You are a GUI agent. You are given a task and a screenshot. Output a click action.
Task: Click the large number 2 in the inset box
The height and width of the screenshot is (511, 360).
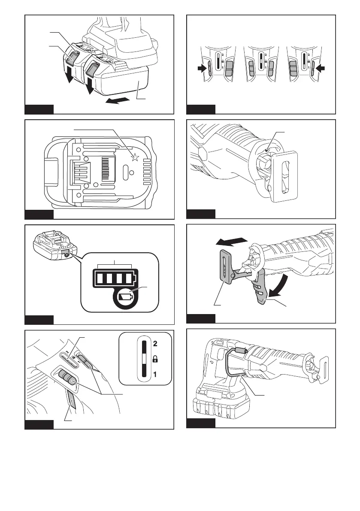point(155,344)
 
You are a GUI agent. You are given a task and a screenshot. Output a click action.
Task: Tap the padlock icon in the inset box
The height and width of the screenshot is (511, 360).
point(155,359)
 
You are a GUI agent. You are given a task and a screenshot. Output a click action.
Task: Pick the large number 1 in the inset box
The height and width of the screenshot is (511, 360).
point(155,374)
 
